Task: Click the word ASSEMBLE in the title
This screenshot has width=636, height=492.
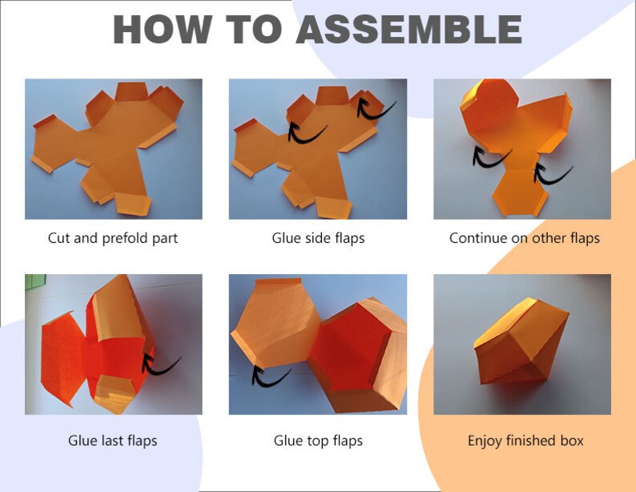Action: point(409,29)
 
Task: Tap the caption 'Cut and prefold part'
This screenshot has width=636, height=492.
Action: point(113,238)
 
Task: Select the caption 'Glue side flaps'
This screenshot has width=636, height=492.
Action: point(318,238)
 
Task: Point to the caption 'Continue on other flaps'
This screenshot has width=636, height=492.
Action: point(525,238)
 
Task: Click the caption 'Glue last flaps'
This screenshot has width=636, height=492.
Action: point(113,441)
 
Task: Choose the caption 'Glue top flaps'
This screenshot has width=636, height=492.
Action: point(318,441)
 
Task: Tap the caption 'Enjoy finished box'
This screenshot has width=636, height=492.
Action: point(525,441)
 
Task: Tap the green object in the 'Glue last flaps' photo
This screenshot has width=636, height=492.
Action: point(35,282)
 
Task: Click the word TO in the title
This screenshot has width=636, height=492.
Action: point(254,29)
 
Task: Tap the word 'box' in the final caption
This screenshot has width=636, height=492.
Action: point(572,441)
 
